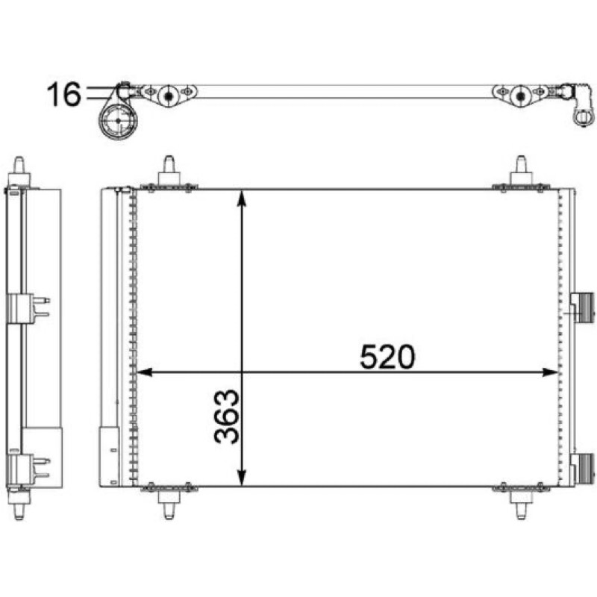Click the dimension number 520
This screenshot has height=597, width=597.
point(387,357)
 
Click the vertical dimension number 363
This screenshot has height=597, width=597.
point(227,416)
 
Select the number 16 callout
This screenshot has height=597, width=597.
point(64,94)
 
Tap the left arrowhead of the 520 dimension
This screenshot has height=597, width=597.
point(144,372)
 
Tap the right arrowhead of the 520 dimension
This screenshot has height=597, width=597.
point(550,372)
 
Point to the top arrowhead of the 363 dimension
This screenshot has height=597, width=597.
point(241,198)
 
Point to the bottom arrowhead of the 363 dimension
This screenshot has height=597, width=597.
point(241,478)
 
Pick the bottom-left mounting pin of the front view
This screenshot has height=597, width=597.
point(169,504)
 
